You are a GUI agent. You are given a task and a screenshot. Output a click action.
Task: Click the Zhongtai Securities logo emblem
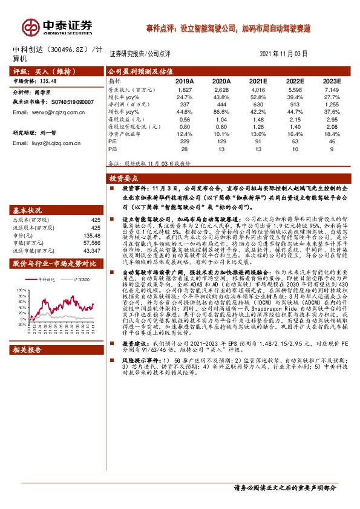pyautogui.click(x=31, y=25)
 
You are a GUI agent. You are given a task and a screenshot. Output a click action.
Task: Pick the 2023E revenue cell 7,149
pyautogui.click(x=332, y=89)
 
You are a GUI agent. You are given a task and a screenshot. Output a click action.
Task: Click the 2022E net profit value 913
pyautogui.click(x=295, y=104)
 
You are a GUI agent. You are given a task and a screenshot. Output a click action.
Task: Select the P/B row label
pyautogui.click(x=113, y=148)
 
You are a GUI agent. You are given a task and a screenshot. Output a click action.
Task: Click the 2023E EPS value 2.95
pyautogui.click(x=332, y=118)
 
